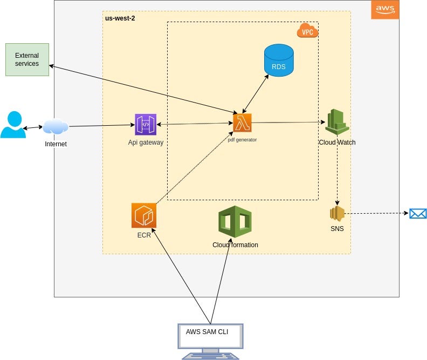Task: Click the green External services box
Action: [x=27, y=59]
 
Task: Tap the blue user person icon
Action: [x=12, y=125]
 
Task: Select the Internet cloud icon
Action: [x=56, y=127]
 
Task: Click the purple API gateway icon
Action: [x=146, y=125]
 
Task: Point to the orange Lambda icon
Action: [x=243, y=123]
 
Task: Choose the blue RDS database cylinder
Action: [x=279, y=60]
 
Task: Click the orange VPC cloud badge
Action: [x=307, y=31]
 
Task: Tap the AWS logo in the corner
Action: [x=385, y=9]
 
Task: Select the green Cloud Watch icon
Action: [x=337, y=122]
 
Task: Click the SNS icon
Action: [x=337, y=214]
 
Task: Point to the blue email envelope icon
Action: [x=418, y=213]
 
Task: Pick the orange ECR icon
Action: [x=143, y=215]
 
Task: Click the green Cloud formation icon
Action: [x=235, y=222]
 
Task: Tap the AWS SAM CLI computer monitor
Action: [x=211, y=337]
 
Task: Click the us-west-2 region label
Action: [x=120, y=18]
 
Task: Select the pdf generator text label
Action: [x=242, y=140]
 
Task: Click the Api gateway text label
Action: [x=146, y=142]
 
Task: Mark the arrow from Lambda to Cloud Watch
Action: [x=288, y=123]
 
